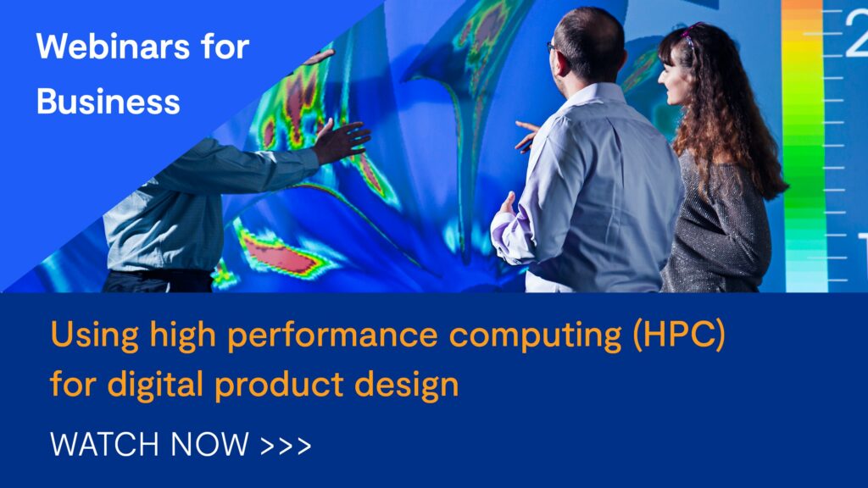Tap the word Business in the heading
tap(108, 102)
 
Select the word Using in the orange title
tap(95, 335)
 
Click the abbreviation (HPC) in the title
tap(679, 335)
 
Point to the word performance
tap(332, 335)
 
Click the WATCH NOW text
tap(149, 444)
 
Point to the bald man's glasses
tap(552, 47)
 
